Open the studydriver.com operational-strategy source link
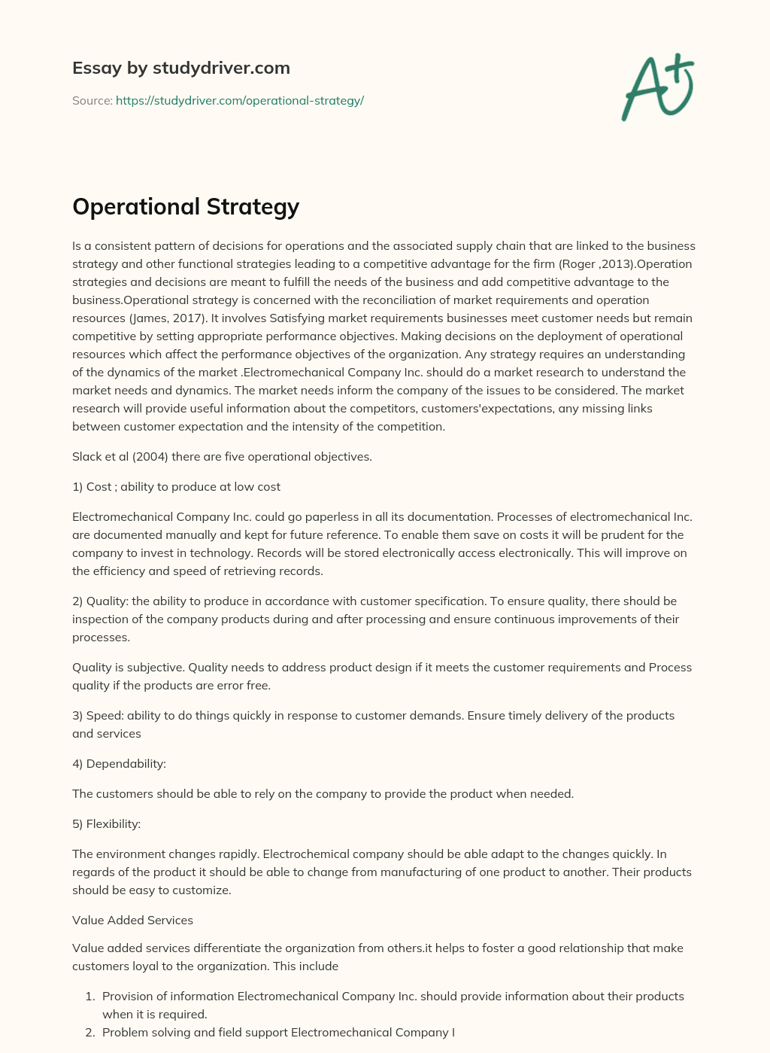click(x=239, y=100)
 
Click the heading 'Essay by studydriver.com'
click(x=180, y=68)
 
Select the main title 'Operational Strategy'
click(x=186, y=206)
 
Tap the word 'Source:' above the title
click(x=92, y=100)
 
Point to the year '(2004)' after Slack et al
click(x=148, y=456)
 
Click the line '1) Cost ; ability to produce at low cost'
click(x=176, y=486)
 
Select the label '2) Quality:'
click(x=100, y=601)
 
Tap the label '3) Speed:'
click(x=98, y=715)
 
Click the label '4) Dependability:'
click(x=119, y=763)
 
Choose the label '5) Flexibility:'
click(x=106, y=823)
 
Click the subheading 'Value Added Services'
click(x=132, y=920)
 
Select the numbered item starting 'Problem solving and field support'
click(x=278, y=1032)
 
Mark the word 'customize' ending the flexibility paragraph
click(x=203, y=890)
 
